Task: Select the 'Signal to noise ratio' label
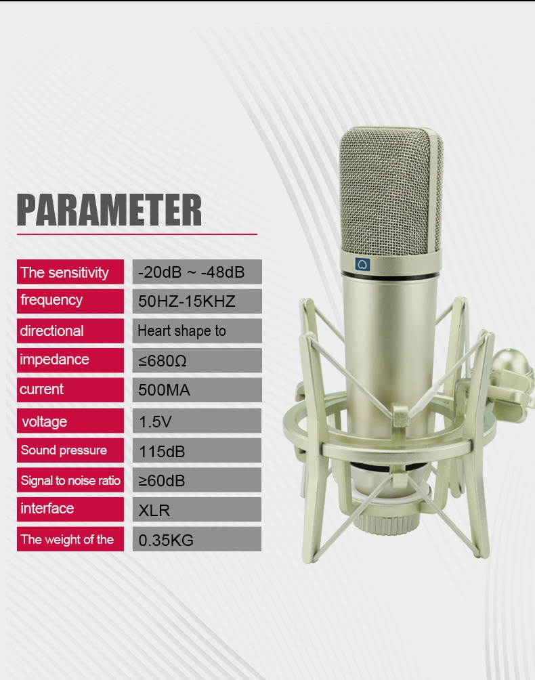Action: [x=70, y=480]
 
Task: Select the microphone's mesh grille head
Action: [x=391, y=193]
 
